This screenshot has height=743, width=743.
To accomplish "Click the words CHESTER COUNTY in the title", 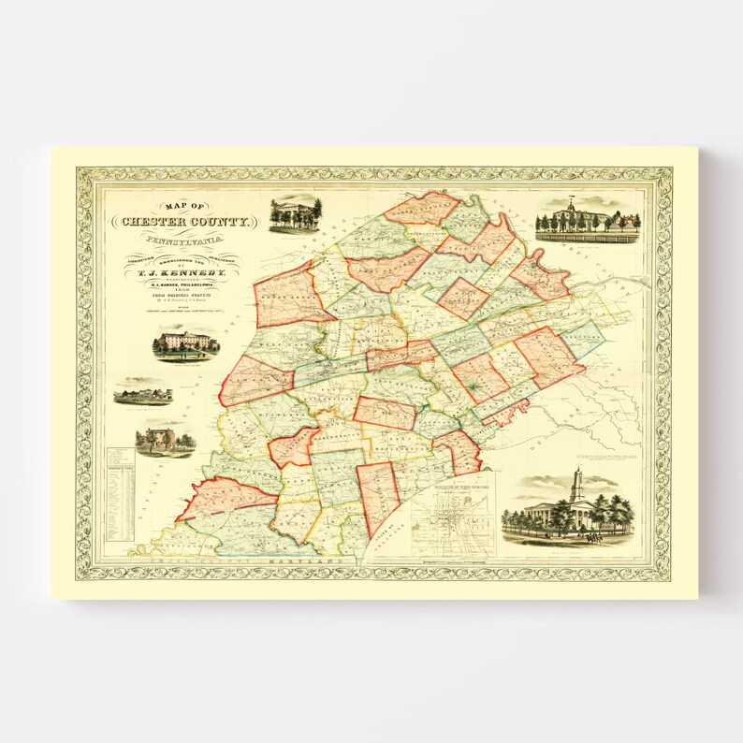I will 183,222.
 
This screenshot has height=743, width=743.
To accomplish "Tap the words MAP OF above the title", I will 183,207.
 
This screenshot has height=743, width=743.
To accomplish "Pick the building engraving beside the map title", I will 294,215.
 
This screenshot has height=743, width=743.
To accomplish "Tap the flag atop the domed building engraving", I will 570,200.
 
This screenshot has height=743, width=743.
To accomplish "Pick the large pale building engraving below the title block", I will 187,343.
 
